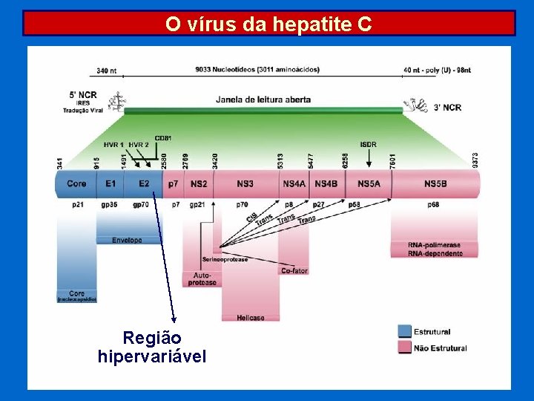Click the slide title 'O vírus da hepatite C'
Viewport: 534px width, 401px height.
tap(268, 24)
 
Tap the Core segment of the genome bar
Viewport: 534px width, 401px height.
tap(76, 183)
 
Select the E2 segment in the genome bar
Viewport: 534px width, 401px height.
tap(143, 183)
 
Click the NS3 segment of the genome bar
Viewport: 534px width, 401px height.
tap(245, 183)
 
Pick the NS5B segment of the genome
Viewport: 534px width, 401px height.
tap(435, 183)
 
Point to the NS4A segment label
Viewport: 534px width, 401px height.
tap(294, 183)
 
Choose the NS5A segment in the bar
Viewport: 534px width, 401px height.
tap(369, 183)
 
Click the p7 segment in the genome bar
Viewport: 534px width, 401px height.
tap(173, 183)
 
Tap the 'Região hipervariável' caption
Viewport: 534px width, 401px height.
tap(152, 348)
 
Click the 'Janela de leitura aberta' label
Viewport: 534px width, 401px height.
tap(263, 100)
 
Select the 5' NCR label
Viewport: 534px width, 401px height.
tap(83, 95)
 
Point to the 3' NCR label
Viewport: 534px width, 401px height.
tap(447, 108)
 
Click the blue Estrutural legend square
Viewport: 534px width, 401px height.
tap(404, 332)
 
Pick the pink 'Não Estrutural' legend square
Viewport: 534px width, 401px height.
tap(404, 348)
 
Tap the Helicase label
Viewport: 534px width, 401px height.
tap(251, 318)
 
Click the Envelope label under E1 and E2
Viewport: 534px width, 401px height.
tap(127, 241)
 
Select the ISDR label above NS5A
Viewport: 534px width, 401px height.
tap(368, 144)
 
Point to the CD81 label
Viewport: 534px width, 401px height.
tap(163, 138)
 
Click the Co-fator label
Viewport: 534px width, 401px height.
tap(294, 271)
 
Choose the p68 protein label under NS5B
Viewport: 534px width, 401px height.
tap(433, 204)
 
